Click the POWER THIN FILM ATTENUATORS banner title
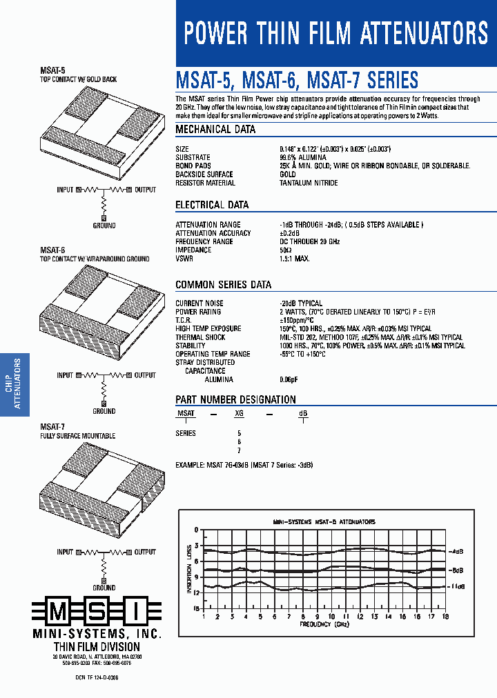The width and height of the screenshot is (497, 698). click(x=336, y=33)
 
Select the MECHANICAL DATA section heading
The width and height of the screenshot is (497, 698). click(x=215, y=129)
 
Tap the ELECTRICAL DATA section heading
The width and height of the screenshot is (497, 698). click(x=212, y=205)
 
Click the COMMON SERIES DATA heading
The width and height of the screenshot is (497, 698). click(x=223, y=284)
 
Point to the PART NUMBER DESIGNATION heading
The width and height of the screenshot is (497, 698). click(x=235, y=399)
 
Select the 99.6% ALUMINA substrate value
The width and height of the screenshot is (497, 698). click(x=303, y=157)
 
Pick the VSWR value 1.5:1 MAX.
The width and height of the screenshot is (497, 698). click(x=295, y=259)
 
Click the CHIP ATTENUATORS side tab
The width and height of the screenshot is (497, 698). click(x=14, y=384)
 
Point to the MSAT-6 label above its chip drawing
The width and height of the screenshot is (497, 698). click(x=52, y=250)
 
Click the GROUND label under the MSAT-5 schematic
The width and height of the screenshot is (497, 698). click(x=104, y=226)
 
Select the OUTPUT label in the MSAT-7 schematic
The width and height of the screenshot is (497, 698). click(x=145, y=552)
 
